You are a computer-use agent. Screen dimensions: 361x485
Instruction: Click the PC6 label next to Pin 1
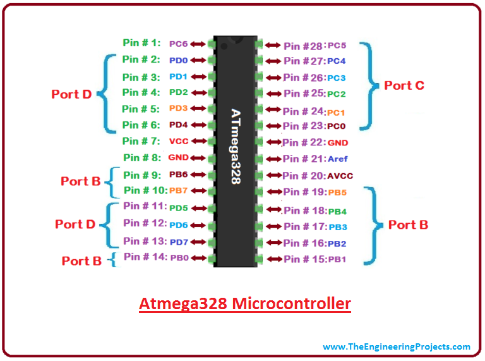[178, 44]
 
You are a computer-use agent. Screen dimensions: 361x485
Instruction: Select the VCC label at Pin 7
[179, 141]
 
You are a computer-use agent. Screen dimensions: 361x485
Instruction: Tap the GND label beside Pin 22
[338, 143]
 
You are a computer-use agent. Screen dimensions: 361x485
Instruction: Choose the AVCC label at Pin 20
[339, 176]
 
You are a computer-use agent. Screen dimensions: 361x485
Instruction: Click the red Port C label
[404, 85]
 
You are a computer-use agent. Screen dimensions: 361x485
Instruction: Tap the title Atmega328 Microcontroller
[244, 304]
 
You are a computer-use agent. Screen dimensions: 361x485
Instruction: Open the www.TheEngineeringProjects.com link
[396, 346]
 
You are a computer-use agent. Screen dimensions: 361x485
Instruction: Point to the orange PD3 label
[179, 109]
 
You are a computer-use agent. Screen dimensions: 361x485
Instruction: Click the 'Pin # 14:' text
[145, 257]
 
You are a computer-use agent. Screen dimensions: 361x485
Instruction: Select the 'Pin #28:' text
[304, 46]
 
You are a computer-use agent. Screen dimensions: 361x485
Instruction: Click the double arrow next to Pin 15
[273, 259]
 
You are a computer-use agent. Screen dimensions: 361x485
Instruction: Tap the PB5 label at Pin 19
[337, 192]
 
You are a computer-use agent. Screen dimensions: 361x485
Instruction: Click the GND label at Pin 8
[179, 157]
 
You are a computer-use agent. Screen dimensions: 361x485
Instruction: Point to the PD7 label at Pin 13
[179, 242]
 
